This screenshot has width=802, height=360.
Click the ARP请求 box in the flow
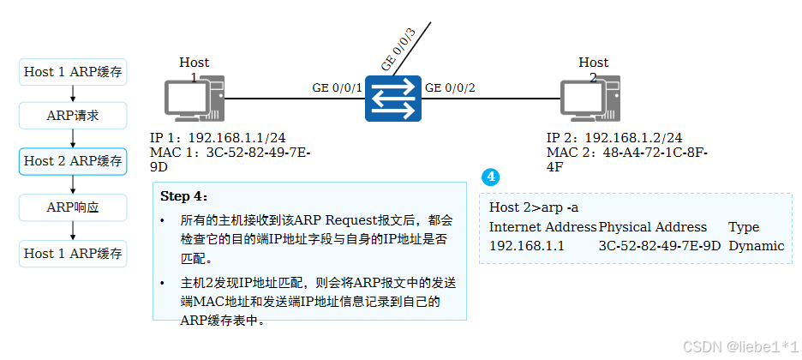pos(73,115)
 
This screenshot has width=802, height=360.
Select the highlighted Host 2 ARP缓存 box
pos(73,161)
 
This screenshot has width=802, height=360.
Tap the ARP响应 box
pos(73,207)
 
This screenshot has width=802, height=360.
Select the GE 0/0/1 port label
pos(338,87)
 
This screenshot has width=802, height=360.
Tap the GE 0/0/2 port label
pos(450,87)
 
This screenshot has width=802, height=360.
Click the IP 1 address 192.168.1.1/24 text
pos(218,138)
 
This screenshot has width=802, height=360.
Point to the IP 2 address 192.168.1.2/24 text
pos(614,138)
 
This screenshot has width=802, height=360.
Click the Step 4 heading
pos(184,196)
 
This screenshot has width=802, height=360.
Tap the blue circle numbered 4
pos(490,177)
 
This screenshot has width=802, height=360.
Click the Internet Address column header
pos(542,227)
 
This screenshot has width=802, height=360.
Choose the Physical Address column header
pos(653,227)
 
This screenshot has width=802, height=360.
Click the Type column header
pos(744,227)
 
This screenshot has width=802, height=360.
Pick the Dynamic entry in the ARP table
pos(756,246)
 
